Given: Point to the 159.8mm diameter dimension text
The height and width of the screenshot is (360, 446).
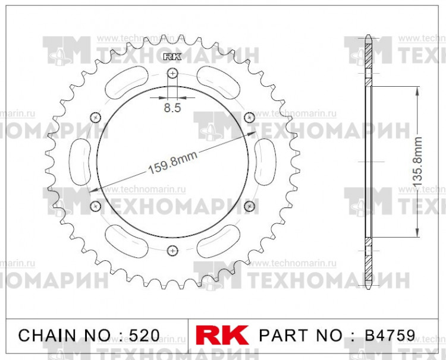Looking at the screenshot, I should (172, 163).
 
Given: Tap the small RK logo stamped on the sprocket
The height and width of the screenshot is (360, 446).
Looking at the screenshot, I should (171, 58).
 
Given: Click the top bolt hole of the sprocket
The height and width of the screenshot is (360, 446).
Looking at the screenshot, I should (172, 73).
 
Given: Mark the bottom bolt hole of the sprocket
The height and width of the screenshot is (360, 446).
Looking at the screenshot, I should (172, 250).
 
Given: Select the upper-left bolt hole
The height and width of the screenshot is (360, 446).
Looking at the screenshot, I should (96, 117).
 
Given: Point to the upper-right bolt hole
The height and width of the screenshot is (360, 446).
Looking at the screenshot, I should (249, 117).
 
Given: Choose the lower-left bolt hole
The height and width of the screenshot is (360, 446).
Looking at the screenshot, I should (96, 206).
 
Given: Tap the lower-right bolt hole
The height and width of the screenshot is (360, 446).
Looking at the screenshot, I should (249, 206).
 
